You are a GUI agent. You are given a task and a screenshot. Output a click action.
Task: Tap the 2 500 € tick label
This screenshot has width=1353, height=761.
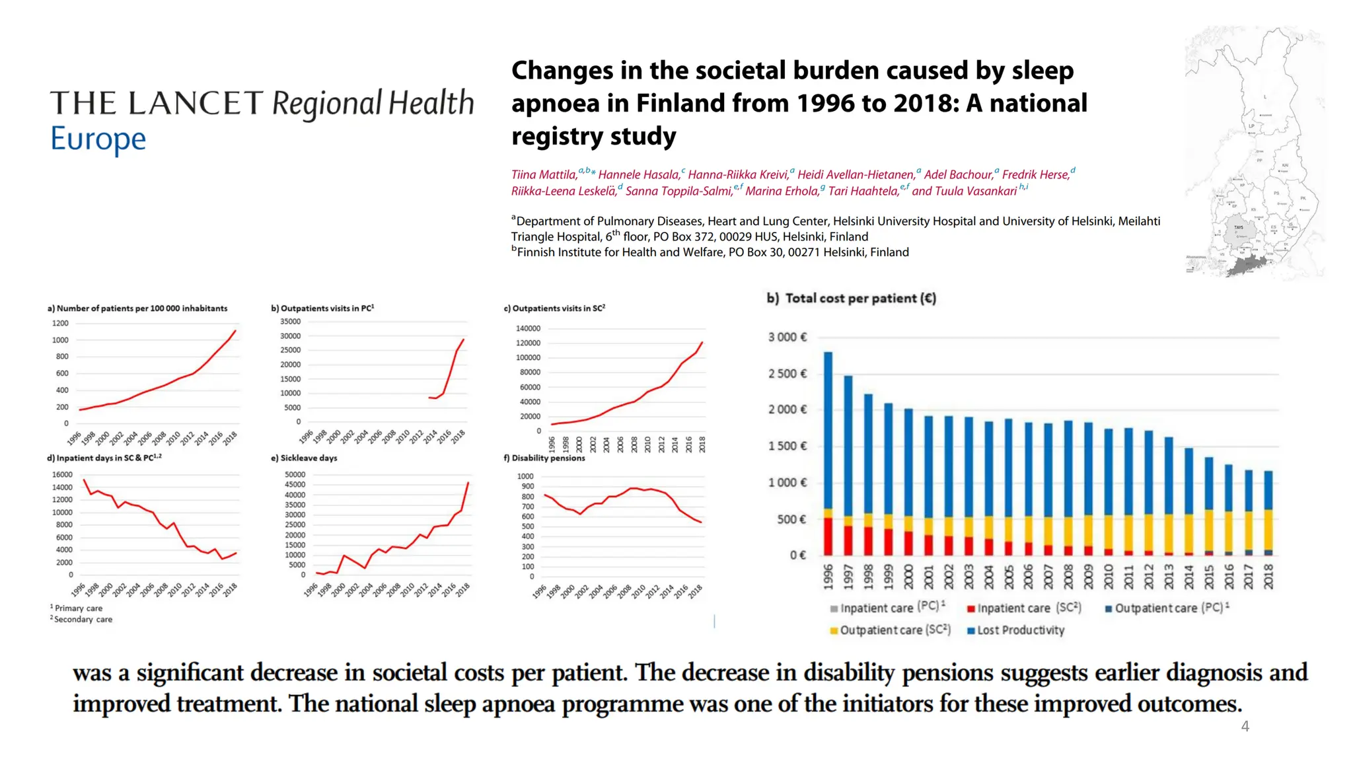tap(787, 374)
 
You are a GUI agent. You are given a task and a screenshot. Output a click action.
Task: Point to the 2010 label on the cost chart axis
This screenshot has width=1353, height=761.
tap(1109, 577)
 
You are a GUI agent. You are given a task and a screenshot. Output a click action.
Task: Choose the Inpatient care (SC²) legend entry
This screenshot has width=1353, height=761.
tap(1024, 608)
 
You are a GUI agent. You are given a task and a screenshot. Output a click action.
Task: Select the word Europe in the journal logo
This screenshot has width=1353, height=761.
tap(98, 139)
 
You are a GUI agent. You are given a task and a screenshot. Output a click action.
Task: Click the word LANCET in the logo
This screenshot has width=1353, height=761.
tap(196, 104)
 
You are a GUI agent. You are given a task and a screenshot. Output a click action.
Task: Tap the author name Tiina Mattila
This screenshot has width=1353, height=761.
tap(544, 175)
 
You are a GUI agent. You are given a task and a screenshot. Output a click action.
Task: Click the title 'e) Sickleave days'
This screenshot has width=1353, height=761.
tap(304, 458)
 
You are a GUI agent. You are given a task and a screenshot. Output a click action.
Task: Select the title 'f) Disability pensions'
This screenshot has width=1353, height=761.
tap(544, 458)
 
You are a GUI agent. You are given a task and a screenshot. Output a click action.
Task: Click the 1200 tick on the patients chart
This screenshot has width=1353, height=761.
tap(60, 323)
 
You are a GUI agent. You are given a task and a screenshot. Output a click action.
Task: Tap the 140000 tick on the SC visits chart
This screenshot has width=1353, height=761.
tap(528, 328)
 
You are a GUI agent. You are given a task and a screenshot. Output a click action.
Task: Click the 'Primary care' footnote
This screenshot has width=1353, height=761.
tap(78, 608)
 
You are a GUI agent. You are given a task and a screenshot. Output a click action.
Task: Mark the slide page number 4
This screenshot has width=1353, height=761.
tap(1245, 727)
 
